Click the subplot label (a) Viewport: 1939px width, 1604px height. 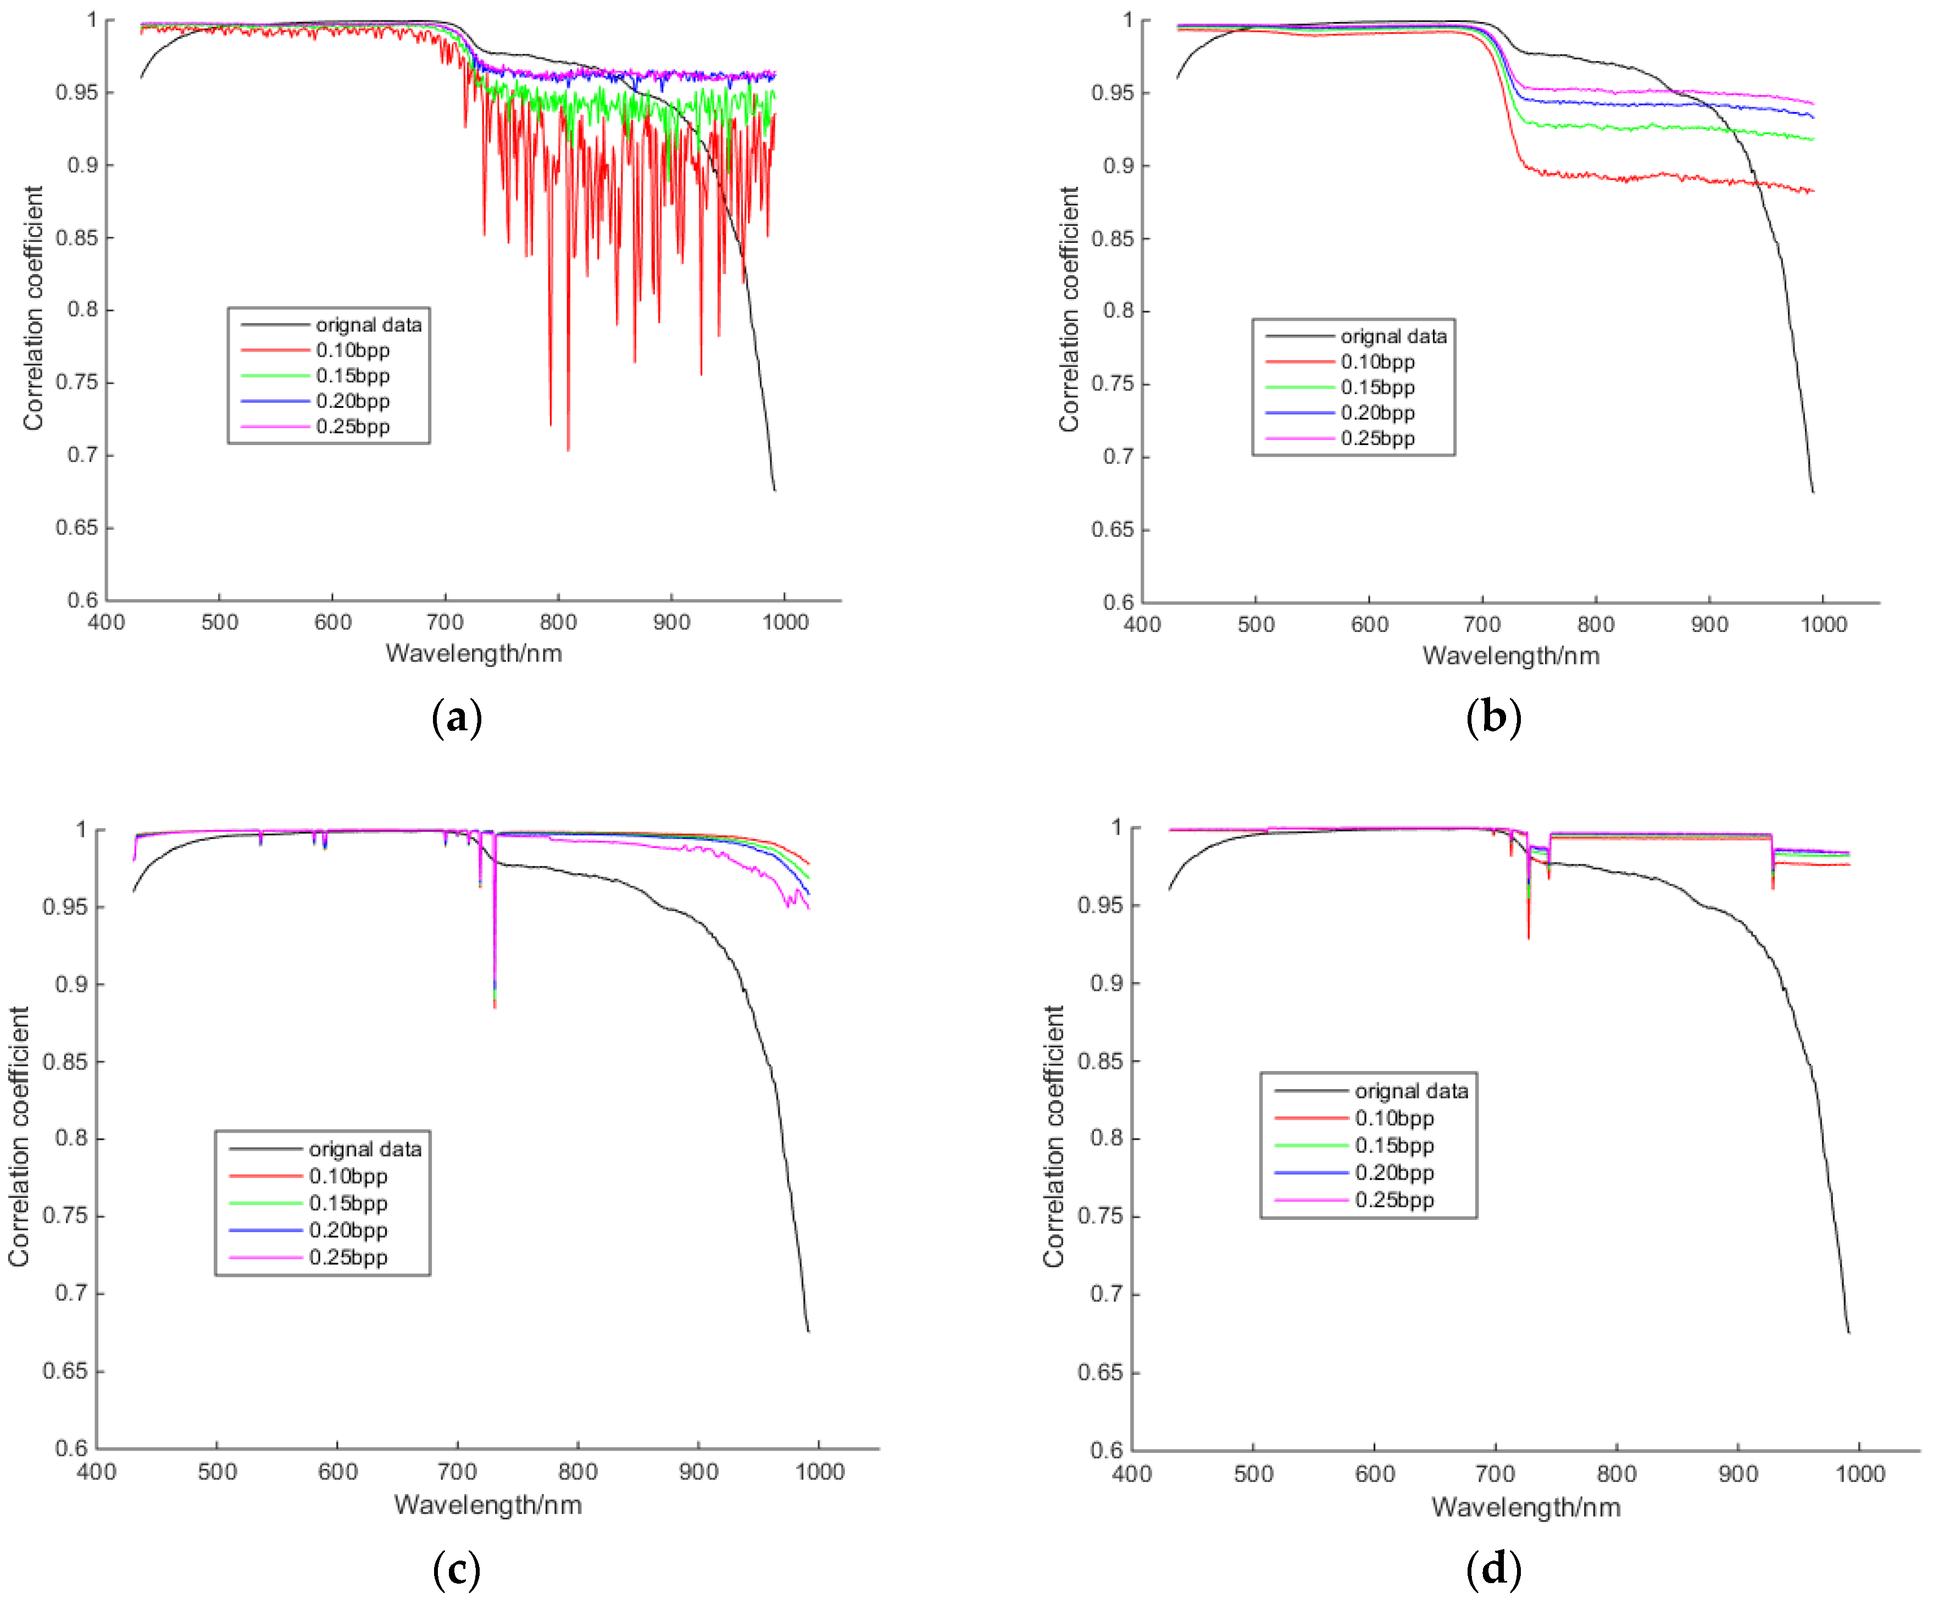click(456, 718)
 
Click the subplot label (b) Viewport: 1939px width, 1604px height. click(1493, 718)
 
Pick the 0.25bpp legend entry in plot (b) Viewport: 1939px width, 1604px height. click(1377, 439)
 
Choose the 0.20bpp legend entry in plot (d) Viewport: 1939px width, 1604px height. click(1394, 1173)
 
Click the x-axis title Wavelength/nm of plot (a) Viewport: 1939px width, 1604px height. click(474, 654)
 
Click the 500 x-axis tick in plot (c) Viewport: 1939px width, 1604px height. click(217, 1472)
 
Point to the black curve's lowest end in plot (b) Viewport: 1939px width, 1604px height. click(1813, 492)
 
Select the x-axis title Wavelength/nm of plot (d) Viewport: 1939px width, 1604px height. click(1525, 1507)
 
